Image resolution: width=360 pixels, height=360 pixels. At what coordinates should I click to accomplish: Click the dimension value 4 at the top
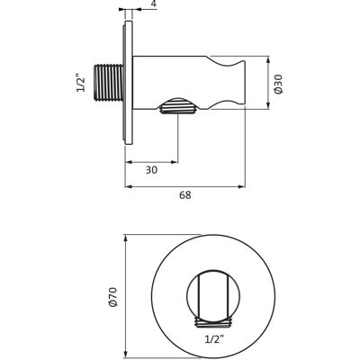(x=154, y=4)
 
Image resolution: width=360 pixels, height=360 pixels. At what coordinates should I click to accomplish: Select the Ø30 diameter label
(x=278, y=84)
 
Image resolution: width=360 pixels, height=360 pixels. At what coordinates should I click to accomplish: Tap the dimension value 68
(x=185, y=195)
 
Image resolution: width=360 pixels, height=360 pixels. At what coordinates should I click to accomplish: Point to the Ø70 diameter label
(x=113, y=297)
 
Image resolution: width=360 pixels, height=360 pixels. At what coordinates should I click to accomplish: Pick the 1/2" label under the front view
(x=214, y=339)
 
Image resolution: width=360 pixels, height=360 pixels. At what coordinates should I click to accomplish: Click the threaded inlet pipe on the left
(x=109, y=82)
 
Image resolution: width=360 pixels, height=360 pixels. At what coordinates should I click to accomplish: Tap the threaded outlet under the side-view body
(x=178, y=105)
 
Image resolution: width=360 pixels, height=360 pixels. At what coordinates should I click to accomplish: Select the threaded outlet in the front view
(x=213, y=322)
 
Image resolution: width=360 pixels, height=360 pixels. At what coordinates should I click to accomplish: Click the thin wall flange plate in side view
(x=129, y=83)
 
